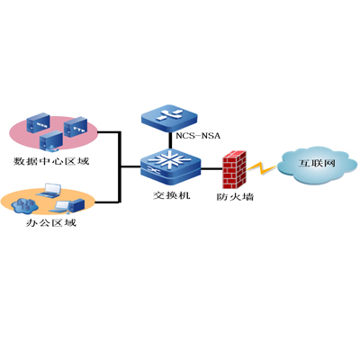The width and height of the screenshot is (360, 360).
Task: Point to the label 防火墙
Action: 234,194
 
